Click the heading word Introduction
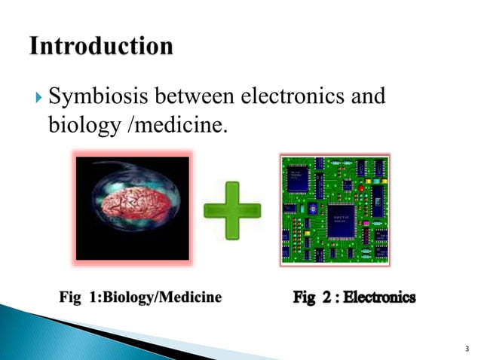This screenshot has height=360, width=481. [x=101, y=47]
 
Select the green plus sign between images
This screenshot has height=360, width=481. [x=233, y=209]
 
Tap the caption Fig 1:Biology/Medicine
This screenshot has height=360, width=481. [x=140, y=297]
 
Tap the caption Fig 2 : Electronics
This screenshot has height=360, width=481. [x=354, y=297]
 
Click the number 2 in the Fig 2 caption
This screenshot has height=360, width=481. [x=326, y=297]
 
